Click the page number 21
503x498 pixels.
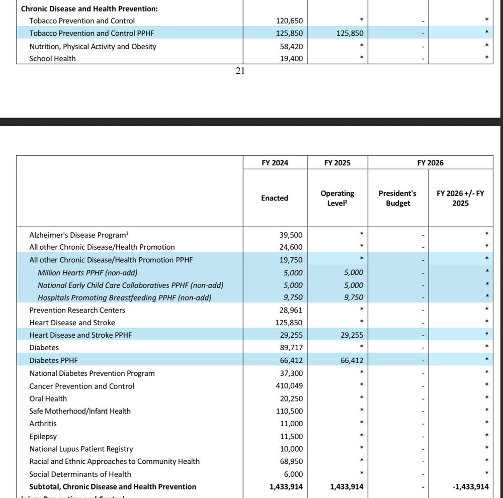pyautogui.click(x=240, y=71)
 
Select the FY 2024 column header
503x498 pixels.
pyautogui.click(x=275, y=163)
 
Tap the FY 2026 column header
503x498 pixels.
pyautogui.click(x=430, y=163)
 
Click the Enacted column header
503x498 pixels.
pyautogui.click(x=275, y=198)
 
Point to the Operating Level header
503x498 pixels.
pyautogui.click(x=337, y=198)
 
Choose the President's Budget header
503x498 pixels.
pyautogui.click(x=397, y=198)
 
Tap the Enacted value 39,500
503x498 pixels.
pyautogui.click(x=291, y=235)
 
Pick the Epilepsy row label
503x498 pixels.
pyautogui.click(x=43, y=437)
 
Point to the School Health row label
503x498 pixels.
pyautogui.click(x=52, y=59)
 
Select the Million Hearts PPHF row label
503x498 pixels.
pyautogui.click(x=88, y=272)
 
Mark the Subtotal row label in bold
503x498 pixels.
pyautogui.click(x=113, y=486)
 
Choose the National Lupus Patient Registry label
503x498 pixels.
pyautogui.click(x=81, y=449)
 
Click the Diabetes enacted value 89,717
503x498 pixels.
pyautogui.click(x=291, y=348)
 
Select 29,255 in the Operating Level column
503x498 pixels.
pyautogui.click(x=352, y=335)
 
